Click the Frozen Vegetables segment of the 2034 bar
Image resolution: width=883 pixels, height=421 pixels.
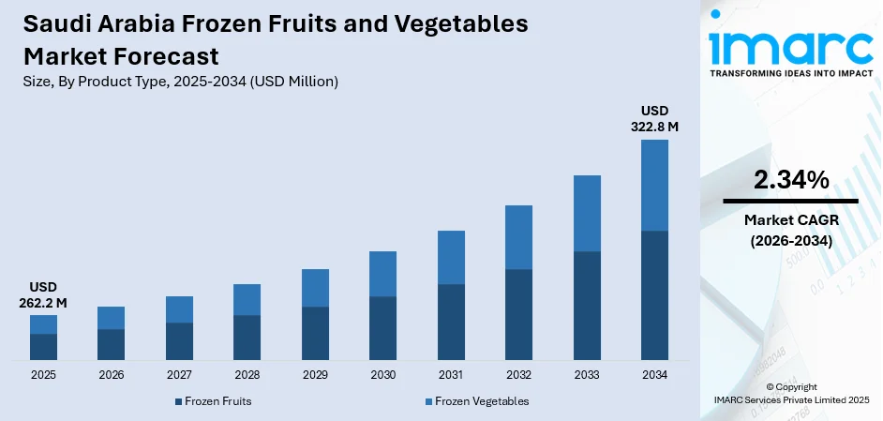[x=654, y=185]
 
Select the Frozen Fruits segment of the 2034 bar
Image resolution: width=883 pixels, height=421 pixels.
[x=654, y=295]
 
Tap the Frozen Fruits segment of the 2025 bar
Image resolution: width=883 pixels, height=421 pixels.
[x=43, y=347]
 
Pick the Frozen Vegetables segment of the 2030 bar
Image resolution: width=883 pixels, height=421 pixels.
[x=382, y=274]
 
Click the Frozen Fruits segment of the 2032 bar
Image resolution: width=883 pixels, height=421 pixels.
[x=518, y=314]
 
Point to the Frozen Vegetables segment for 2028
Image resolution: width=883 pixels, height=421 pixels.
[x=247, y=299]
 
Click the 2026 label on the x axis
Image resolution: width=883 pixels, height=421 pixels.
[x=111, y=375]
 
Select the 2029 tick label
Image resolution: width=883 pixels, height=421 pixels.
[x=315, y=375]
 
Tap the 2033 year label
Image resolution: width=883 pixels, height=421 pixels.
[x=587, y=375]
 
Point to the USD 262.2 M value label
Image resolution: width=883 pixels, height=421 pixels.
[x=43, y=295]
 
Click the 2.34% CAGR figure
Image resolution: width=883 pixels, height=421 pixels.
[x=790, y=180]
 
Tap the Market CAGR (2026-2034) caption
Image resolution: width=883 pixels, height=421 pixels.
[x=790, y=230]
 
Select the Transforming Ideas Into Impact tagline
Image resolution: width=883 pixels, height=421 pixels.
[x=790, y=72]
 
